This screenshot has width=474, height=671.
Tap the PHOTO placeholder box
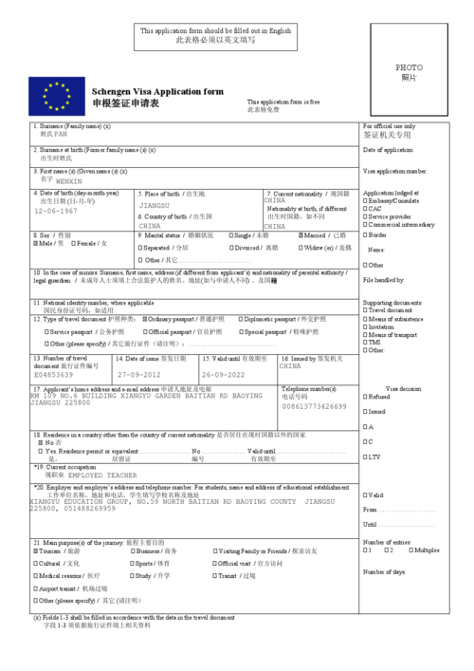coord(409,73)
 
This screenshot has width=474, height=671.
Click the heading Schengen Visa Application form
coord(157,91)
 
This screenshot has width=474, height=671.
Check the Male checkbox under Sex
coord(36,243)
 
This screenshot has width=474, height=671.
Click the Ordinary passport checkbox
coord(145,319)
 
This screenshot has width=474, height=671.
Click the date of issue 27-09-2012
coord(138,375)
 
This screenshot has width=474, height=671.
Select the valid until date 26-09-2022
coord(224,375)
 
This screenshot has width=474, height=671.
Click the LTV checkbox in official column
coord(366,457)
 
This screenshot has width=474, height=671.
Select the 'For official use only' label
coord(389,126)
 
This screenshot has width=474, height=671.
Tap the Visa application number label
coord(395,172)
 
